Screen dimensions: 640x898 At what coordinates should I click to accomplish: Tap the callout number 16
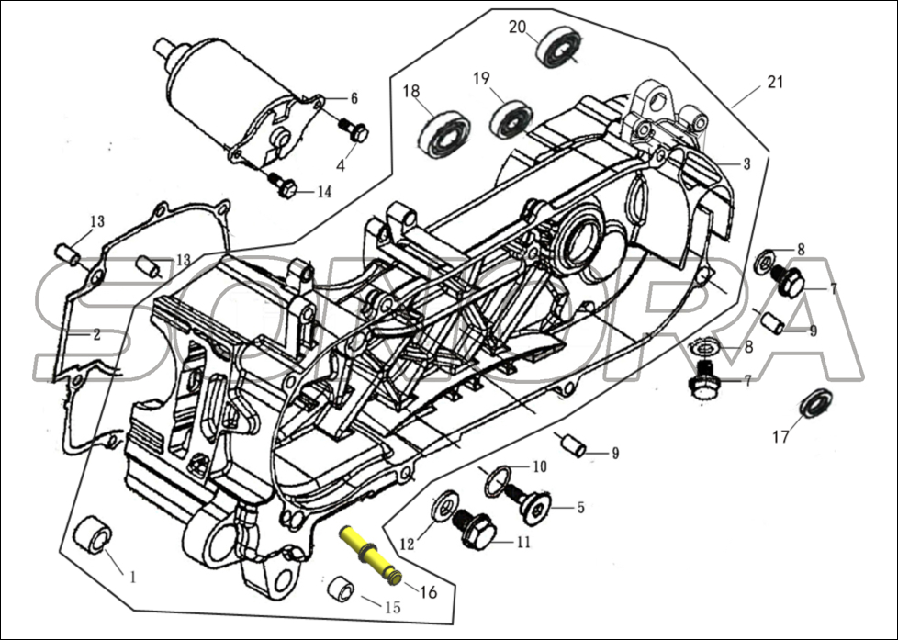428,592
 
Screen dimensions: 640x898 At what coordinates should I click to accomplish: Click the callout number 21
775,83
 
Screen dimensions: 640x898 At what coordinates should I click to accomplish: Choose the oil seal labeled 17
812,405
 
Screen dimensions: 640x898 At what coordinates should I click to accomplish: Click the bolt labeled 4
354,130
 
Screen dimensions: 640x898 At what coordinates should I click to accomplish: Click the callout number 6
354,98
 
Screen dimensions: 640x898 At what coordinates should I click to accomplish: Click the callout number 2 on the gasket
95,335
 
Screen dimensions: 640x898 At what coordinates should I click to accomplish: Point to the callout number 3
746,163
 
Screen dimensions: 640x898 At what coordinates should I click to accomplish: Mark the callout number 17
780,438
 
